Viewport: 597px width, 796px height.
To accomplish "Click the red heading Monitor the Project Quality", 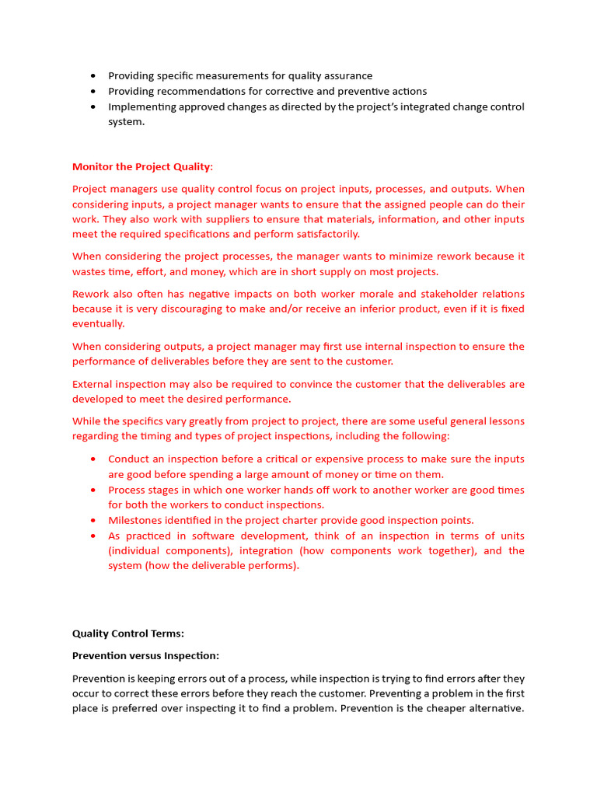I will click(x=141, y=166).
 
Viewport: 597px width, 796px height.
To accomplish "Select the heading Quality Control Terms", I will click(x=128, y=634).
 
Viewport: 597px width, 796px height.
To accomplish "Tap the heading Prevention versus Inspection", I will click(x=145, y=655).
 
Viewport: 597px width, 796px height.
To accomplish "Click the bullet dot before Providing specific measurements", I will click(x=93, y=76).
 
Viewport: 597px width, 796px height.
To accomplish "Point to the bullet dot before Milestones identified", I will click(x=93, y=521).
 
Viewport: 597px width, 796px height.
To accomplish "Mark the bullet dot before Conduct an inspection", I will click(x=93, y=459).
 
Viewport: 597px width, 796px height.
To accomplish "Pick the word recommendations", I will click(x=190, y=91).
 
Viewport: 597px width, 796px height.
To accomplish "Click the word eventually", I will click(x=98, y=324).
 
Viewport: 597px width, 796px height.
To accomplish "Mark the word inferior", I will click(x=357, y=309).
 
